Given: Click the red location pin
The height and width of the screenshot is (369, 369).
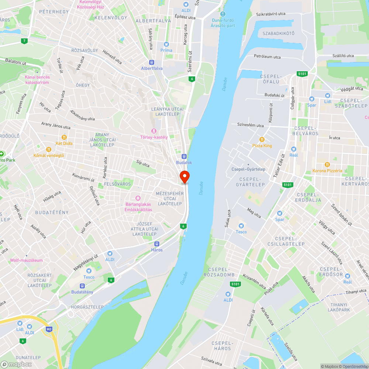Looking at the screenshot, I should (x=184, y=176).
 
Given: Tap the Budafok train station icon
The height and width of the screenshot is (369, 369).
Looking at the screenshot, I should (x=184, y=156).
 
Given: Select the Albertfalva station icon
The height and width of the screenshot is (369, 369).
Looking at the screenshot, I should (x=151, y=62).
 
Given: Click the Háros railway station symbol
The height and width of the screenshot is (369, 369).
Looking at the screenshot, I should (x=157, y=244).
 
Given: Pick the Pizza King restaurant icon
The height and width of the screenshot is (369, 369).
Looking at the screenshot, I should (x=262, y=139).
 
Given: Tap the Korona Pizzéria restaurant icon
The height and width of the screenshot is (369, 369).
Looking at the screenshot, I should (x=327, y=164).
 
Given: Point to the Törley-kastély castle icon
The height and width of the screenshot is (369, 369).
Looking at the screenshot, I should (x=154, y=131).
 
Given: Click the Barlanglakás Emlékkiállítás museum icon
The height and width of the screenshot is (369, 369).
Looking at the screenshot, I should (x=138, y=198).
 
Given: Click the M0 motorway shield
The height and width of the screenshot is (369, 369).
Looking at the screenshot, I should (x=49, y=328).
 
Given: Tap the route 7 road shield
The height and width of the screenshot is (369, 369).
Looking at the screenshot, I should (x=24, y=41).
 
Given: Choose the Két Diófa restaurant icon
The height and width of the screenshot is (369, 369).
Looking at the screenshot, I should (x=64, y=137).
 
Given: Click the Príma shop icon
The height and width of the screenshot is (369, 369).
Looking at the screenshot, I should (x=166, y=44).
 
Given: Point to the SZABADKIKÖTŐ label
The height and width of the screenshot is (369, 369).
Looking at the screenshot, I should (x=278, y=33).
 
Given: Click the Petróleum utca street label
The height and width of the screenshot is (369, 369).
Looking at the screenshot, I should (x=267, y=57).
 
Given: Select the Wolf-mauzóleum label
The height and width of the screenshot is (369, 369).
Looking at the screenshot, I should (x=27, y=260).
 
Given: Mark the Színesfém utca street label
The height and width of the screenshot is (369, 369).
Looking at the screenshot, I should (x=251, y=125).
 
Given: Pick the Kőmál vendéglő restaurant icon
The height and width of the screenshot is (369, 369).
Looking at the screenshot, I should (x=48, y=149).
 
